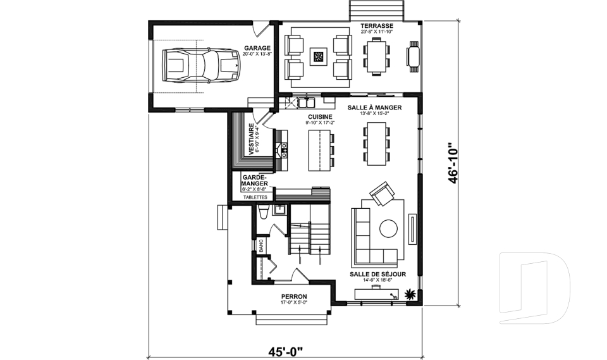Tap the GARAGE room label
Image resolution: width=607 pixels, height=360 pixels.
[257, 48]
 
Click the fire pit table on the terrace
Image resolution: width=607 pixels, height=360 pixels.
[319, 58]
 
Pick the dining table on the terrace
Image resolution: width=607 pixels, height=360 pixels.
[377, 56]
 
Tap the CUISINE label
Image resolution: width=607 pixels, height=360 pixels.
[319, 117]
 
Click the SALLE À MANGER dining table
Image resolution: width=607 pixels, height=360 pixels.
[376, 144]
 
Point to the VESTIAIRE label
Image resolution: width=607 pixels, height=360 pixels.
[252, 139]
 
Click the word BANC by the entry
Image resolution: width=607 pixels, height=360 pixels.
[261, 245]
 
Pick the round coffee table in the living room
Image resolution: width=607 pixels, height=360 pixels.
[388, 228]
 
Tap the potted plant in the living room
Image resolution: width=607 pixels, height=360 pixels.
[411, 294]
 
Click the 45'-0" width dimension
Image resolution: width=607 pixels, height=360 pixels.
[285, 350]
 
